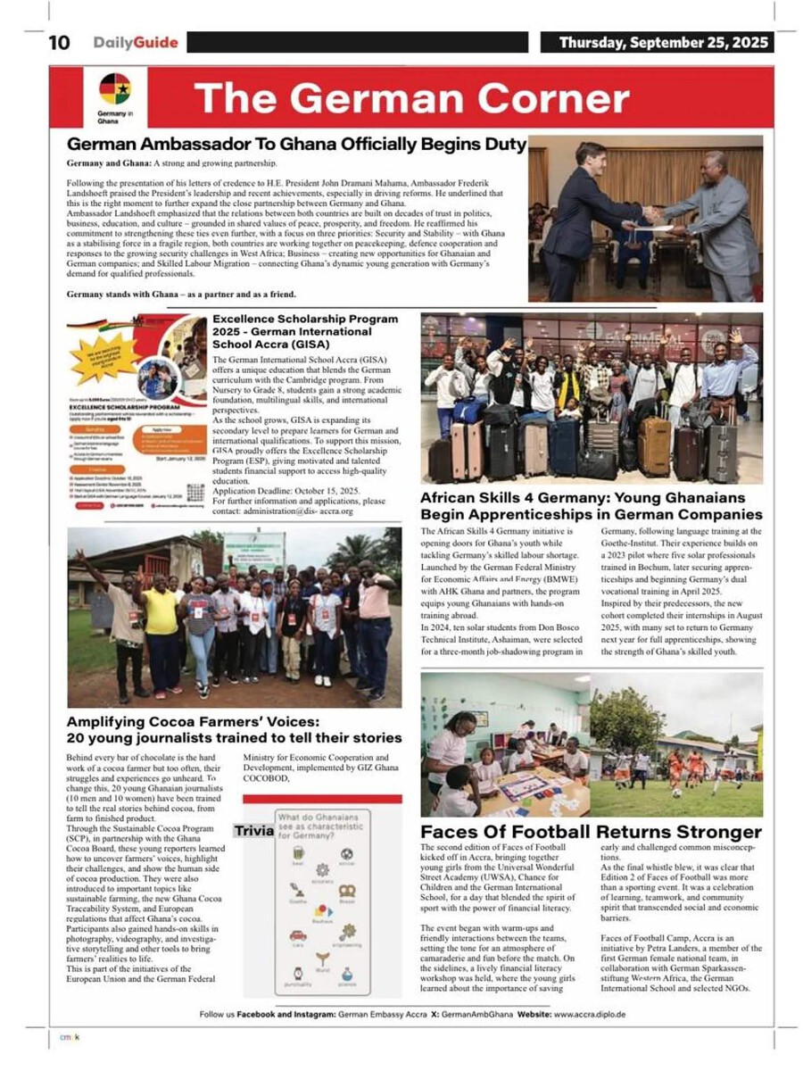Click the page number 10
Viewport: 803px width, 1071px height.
(59, 43)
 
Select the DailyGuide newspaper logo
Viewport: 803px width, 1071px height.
(136, 43)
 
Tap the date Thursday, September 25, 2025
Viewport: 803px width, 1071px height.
(665, 43)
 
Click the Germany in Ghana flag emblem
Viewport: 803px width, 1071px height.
(114, 90)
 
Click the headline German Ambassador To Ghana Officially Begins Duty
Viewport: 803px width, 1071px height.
(297, 145)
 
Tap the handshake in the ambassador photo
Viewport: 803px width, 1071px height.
(654, 215)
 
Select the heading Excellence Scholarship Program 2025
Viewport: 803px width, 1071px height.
(305, 330)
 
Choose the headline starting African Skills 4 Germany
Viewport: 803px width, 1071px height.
(591, 507)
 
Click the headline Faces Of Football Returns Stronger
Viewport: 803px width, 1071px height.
(591, 833)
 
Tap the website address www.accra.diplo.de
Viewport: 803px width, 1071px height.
(590, 1015)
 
